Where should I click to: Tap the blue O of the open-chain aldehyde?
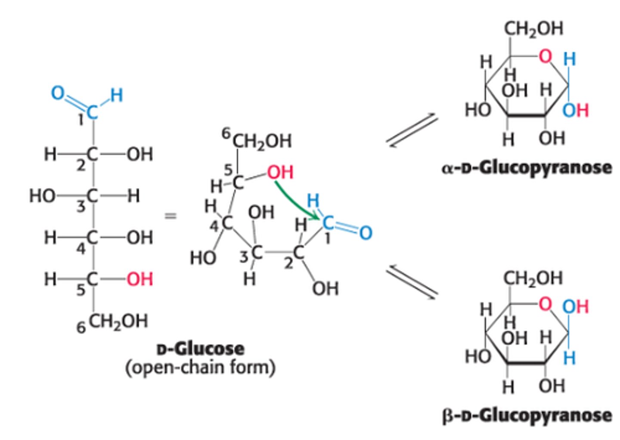pyautogui.click(x=58, y=93)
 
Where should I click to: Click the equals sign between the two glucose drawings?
pyautogui.click(x=171, y=216)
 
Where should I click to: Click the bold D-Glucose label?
pyautogui.click(x=200, y=348)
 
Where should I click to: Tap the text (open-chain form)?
pyautogui.click(x=200, y=368)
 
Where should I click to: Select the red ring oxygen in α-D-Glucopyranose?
pyautogui.click(x=546, y=56)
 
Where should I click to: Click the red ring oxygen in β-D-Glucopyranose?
pyautogui.click(x=546, y=304)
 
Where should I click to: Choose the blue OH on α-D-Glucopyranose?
pyautogui.click(x=576, y=110)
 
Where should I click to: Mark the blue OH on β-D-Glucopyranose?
pyautogui.click(x=576, y=306)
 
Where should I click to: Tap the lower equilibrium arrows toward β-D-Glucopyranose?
pyautogui.click(x=412, y=282)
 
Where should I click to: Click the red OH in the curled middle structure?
pyautogui.click(x=280, y=172)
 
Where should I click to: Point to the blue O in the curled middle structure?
pyautogui.click(x=365, y=233)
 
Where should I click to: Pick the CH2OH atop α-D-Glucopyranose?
pyautogui.click(x=533, y=28)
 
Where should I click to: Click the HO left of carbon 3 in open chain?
pyautogui.click(x=42, y=196)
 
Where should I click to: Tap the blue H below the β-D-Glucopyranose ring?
pyautogui.click(x=570, y=357)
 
